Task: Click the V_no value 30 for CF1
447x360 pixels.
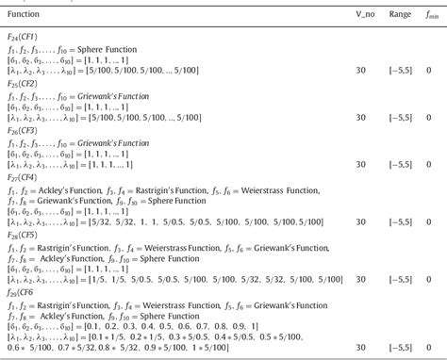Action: pyautogui.click(x=336, y=72)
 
